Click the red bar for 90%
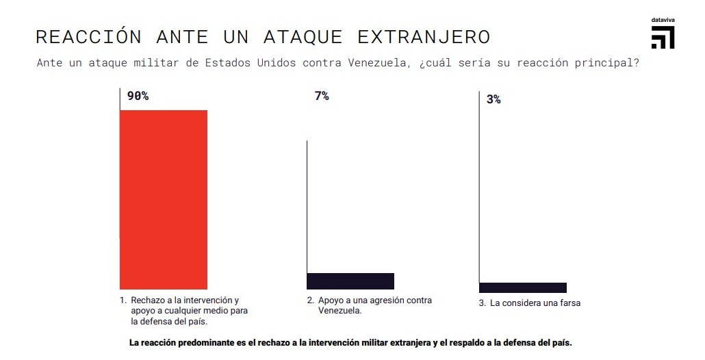164,199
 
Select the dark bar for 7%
350,281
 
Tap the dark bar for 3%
523,287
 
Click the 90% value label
138,97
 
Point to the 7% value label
322,97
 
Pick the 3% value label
493,99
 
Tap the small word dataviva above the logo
663,21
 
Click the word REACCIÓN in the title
88,36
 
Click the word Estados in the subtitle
227,64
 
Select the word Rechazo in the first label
148,300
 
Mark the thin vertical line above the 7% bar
307,205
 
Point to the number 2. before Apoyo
310,300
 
